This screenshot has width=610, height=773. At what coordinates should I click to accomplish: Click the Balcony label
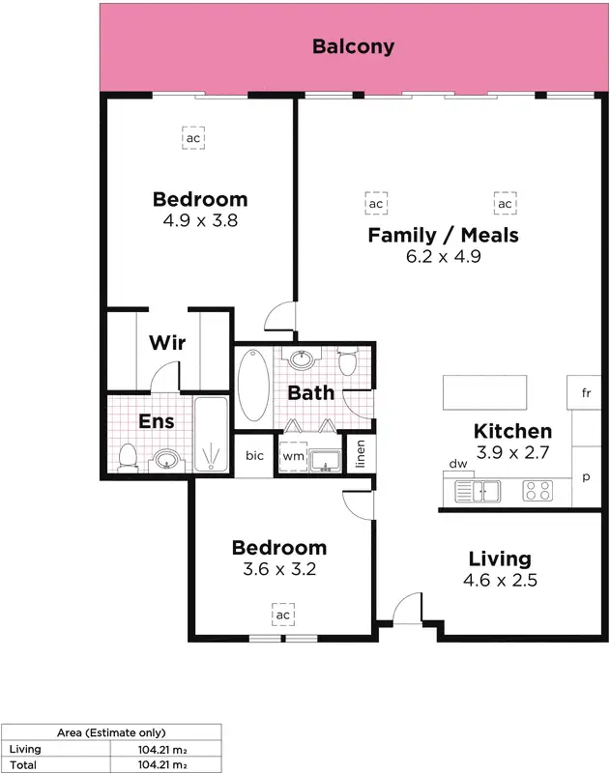click(x=353, y=46)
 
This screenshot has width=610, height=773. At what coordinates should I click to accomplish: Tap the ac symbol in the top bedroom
click(x=193, y=138)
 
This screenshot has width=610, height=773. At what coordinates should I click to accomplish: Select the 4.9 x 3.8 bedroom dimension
click(x=200, y=220)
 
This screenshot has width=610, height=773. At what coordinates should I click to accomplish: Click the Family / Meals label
click(x=443, y=235)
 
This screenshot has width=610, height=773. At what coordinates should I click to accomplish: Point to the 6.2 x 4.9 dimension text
click(x=443, y=257)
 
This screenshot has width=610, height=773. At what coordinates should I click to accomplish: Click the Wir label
click(x=167, y=343)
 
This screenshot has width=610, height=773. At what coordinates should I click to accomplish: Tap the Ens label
click(x=157, y=421)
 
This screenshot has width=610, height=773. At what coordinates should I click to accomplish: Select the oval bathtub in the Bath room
click(x=253, y=385)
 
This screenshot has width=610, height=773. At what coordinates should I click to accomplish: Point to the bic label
click(x=254, y=456)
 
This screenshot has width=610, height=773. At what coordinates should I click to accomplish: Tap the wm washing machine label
click(x=292, y=456)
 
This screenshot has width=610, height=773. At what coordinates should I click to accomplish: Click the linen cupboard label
click(x=361, y=454)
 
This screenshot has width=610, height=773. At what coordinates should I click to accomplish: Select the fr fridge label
click(x=586, y=393)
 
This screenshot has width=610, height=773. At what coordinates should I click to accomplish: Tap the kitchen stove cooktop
click(x=537, y=491)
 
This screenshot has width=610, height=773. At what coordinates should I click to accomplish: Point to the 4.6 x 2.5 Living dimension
click(x=500, y=581)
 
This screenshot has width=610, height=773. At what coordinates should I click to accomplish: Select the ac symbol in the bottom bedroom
click(x=283, y=616)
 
